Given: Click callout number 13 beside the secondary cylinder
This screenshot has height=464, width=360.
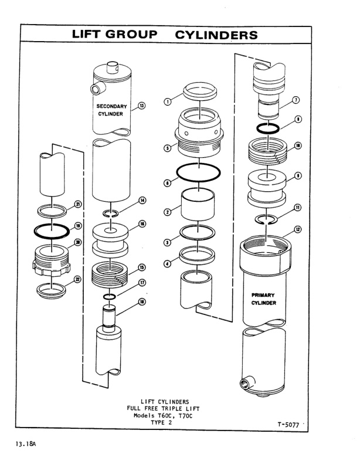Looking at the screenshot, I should click(x=141, y=106).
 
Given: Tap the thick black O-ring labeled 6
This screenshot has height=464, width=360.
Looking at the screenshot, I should click(x=199, y=174).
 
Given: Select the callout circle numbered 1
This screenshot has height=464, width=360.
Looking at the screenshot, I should click(x=168, y=101).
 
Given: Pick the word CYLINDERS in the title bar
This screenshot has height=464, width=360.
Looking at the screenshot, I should click(x=216, y=35).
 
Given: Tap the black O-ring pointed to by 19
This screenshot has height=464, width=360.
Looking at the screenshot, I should click(x=52, y=228).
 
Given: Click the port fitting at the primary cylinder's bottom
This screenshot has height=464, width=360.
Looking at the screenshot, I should click(x=243, y=384).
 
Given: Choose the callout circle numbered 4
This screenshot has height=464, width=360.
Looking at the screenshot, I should click(x=168, y=263).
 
